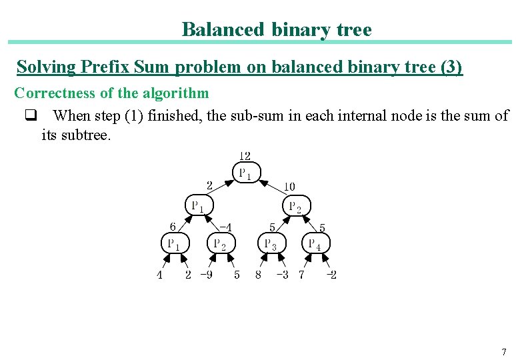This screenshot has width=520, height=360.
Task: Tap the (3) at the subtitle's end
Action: (x=451, y=67)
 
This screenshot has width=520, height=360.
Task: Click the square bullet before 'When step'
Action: (x=30, y=116)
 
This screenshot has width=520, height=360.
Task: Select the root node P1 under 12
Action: (x=245, y=174)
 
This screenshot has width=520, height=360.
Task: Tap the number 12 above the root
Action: (x=245, y=156)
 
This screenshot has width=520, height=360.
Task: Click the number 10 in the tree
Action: (x=289, y=187)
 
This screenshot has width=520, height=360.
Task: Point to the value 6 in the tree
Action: (x=173, y=227)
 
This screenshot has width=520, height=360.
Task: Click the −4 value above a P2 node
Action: (x=225, y=227)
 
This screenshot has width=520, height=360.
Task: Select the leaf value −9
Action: (x=207, y=275)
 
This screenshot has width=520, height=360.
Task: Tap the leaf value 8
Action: (x=258, y=275)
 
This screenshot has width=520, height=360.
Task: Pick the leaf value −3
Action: (x=282, y=275)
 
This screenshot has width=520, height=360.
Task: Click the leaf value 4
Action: (x=159, y=275)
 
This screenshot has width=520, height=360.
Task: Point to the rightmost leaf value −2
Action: (x=331, y=275)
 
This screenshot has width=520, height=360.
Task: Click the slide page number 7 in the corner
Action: (x=504, y=351)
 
